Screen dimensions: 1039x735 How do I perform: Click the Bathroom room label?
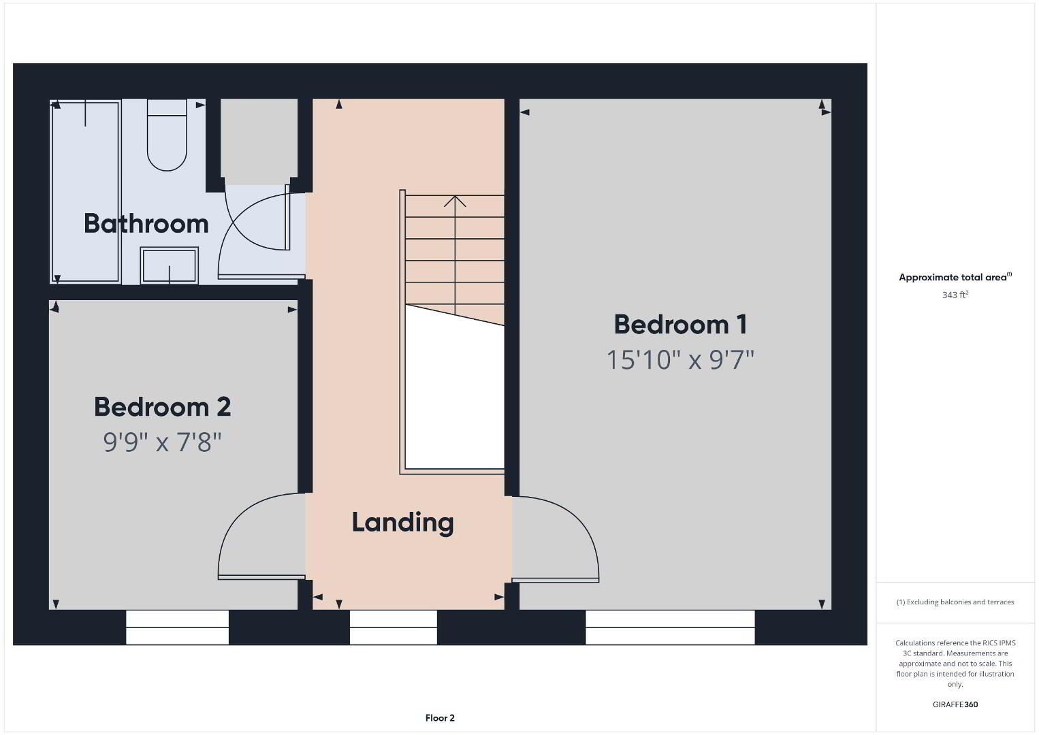click(x=146, y=223)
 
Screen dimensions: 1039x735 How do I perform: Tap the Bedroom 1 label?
click(x=680, y=324)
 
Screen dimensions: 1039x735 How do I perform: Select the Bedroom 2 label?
click(x=162, y=407)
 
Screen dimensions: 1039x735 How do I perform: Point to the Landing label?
click(x=402, y=523)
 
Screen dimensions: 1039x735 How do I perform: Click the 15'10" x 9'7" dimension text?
click(x=680, y=360)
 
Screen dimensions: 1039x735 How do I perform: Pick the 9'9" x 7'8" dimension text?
click(x=162, y=442)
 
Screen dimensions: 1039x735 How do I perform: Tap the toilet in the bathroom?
click(x=167, y=135)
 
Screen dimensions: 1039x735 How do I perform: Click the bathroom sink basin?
click(x=170, y=265)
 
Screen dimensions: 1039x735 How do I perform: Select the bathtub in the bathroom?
click(x=85, y=191)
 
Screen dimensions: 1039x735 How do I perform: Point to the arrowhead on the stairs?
click(x=455, y=201)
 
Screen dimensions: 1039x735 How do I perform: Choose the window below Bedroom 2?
click(x=177, y=627)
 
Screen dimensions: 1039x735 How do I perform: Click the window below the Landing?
click(x=394, y=627)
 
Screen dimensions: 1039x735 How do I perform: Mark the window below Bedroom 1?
click(x=670, y=627)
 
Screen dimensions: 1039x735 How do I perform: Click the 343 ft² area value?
click(x=955, y=295)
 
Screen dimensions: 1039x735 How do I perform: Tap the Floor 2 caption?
click(x=440, y=718)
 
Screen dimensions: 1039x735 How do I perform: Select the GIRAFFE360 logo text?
click(x=955, y=704)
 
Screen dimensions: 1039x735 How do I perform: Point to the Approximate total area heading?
click(x=955, y=277)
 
